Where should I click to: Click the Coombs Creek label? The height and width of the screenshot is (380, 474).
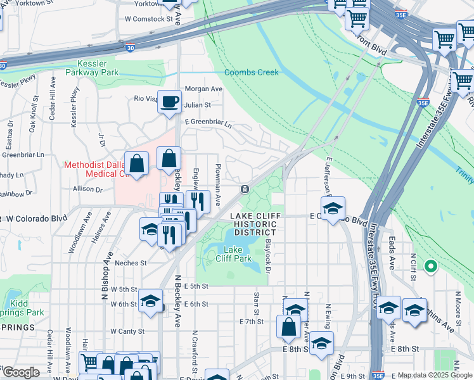click(x=251, y=72)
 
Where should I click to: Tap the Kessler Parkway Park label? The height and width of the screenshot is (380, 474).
click(x=98, y=68)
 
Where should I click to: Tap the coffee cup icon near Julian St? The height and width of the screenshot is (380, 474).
click(x=170, y=102)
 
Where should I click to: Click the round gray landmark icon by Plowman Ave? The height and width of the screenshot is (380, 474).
click(x=245, y=189)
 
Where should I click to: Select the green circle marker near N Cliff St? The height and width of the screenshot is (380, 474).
click(x=431, y=267)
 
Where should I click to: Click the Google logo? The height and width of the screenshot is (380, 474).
click(x=21, y=372)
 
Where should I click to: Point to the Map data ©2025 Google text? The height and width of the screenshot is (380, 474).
click(x=434, y=375)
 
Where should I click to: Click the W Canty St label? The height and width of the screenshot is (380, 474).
click(x=127, y=331)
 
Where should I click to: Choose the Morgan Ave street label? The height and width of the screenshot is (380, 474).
click(x=203, y=89)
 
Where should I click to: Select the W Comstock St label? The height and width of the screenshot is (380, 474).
click(x=149, y=19)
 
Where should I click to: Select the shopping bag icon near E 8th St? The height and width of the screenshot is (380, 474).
click(x=288, y=327)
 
